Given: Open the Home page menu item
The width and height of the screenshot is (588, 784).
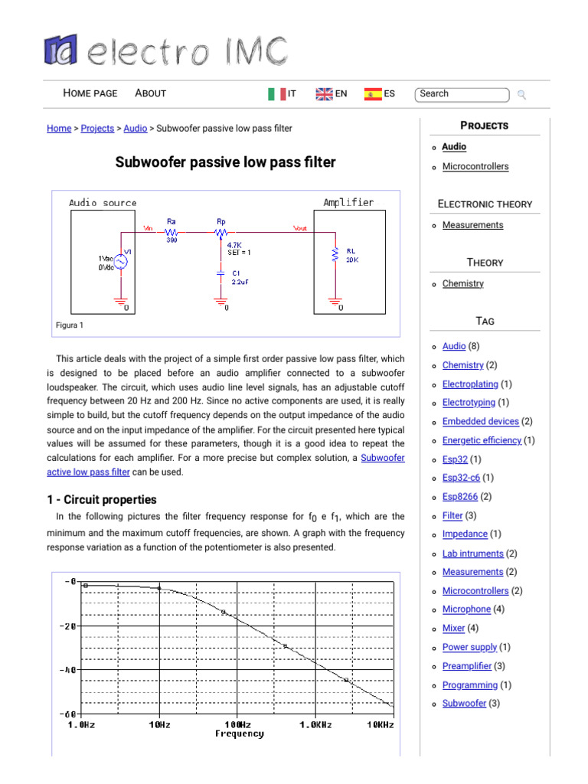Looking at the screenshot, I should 90,93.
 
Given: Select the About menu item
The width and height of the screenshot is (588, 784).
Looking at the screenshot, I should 150,93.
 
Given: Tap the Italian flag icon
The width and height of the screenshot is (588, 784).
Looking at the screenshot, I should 276,94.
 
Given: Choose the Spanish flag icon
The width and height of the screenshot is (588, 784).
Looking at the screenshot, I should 373,94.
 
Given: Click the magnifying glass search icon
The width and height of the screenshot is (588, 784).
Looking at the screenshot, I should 522,95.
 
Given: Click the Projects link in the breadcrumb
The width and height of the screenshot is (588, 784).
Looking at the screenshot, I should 97,129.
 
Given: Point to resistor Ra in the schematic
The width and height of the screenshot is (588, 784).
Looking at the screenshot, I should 171,230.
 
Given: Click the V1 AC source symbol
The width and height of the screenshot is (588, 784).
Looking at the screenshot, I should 120,261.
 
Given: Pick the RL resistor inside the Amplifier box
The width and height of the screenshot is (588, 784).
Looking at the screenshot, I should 335,253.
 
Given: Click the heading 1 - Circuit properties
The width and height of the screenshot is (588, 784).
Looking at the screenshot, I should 102,499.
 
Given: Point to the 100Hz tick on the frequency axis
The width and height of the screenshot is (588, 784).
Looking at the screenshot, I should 238,724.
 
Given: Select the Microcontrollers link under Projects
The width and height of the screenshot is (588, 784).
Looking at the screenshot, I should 475,167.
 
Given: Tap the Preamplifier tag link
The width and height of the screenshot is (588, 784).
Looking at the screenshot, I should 466,667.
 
